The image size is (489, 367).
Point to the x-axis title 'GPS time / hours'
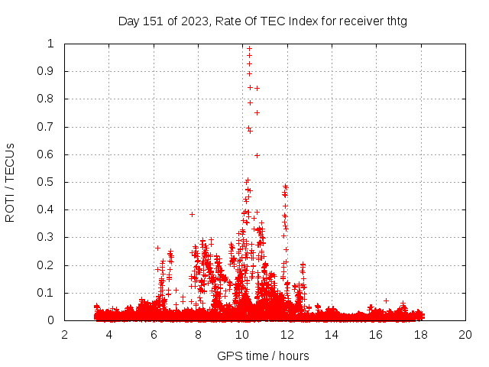coord(263,356)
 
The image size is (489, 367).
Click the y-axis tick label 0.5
coord(48,182)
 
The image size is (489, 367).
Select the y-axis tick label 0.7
coord(48,127)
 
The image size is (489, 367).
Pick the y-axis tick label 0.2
coord(48,265)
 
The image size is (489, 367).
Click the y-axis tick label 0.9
coord(48,71)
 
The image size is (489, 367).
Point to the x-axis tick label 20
coord(465,335)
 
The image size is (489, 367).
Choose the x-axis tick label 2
coord(64,335)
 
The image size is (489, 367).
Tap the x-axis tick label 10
coord(242,335)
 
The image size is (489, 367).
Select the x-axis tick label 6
coord(154,335)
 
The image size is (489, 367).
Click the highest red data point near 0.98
coord(249,48)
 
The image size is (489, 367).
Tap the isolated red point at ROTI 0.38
coord(192,214)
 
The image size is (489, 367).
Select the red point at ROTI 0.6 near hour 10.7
coord(257,155)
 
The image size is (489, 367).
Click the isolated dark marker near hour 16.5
coord(387,300)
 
